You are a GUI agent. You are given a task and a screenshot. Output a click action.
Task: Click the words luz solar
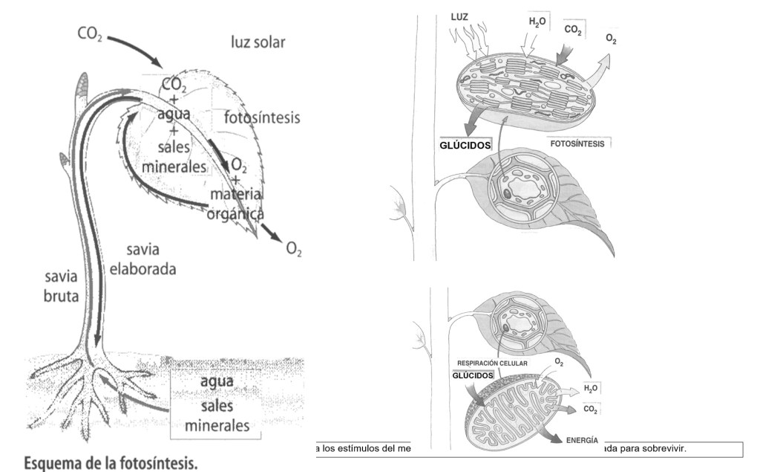(258, 42)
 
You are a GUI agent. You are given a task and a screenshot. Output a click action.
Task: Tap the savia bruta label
(61, 286)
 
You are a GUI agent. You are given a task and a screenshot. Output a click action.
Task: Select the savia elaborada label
(143, 259)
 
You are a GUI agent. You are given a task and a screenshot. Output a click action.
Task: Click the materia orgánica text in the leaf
(236, 204)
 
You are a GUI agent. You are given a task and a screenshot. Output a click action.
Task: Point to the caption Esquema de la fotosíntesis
(111, 462)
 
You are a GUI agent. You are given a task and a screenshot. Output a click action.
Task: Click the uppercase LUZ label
(459, 17)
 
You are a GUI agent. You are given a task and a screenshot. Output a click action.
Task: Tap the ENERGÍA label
(582, 441)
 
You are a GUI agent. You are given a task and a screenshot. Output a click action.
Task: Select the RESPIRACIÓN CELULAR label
(492, 363)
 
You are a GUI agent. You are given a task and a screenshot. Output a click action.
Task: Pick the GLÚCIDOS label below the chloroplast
(465, 145)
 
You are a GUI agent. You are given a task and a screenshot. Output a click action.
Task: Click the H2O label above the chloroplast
(537, 22)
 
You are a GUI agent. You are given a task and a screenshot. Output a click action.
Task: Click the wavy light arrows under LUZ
(470, 42)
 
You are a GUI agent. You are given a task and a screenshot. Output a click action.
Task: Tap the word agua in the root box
(217, 381)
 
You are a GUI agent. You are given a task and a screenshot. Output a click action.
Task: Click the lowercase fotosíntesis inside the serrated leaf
(262, 117)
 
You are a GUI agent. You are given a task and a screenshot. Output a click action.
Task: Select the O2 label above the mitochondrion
(559, 362)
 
